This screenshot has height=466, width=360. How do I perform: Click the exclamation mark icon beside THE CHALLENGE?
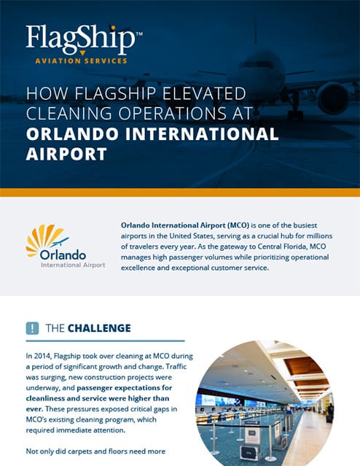32,327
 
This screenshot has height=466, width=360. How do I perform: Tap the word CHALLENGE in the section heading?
100,328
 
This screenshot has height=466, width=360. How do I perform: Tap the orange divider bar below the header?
180,193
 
